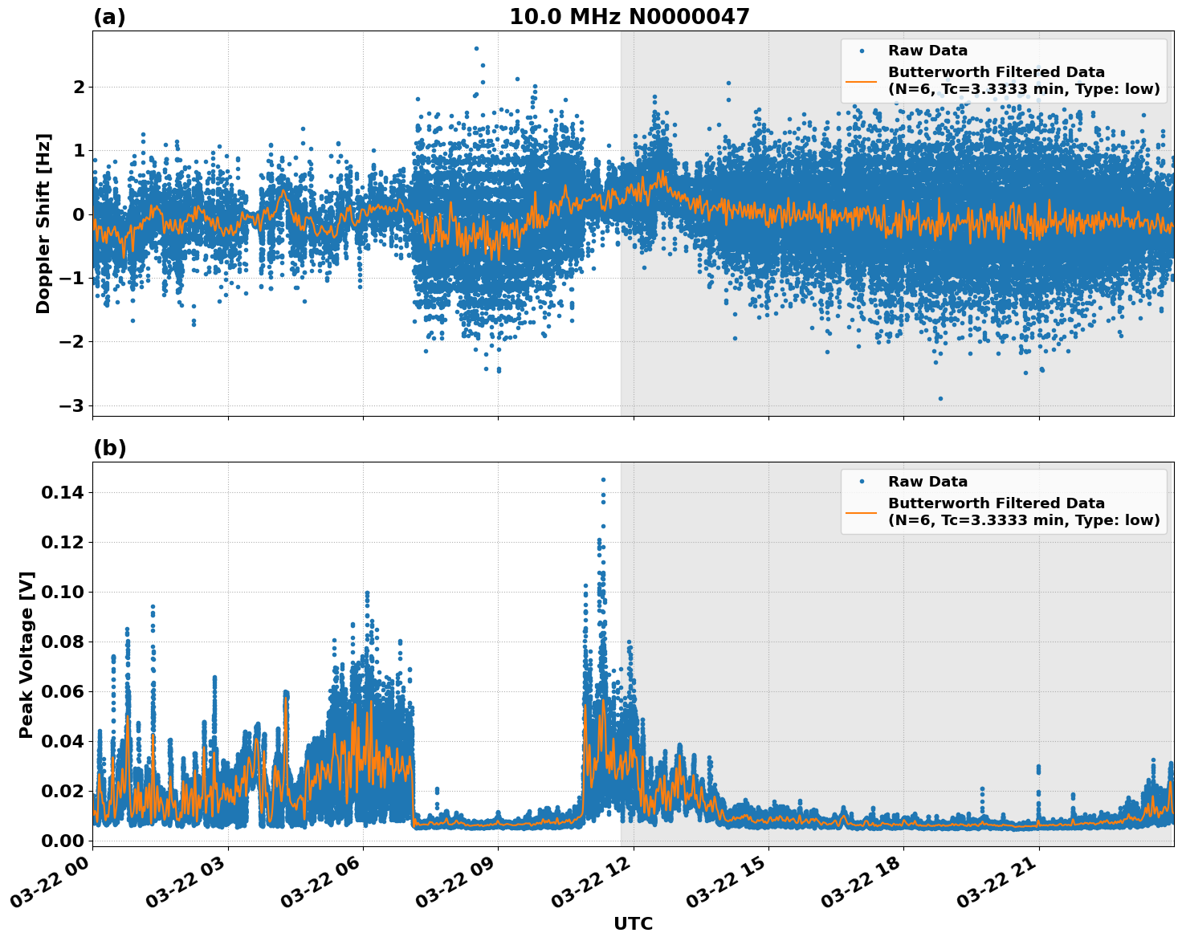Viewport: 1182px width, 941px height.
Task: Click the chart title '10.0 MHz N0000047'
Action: [x=629, y=17]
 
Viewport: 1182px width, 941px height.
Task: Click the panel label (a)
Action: [x=109, y=17]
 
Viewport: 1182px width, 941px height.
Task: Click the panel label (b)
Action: [x=109, y=448]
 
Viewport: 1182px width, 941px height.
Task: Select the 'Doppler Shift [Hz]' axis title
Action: [x=43, y=223]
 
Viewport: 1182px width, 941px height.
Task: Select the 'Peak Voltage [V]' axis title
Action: [x=26, y=654]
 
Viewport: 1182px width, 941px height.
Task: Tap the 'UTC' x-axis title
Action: [x=633, y=923]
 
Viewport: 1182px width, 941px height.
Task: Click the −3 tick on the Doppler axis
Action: [x=71, y=405]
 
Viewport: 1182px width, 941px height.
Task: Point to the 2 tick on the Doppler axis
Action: [x=78, y=87]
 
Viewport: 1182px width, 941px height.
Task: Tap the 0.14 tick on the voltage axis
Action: [x=62, y=492]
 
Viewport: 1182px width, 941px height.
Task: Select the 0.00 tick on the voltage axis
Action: [x=62, y=841]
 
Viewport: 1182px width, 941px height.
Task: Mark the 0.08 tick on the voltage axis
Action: [x=62, y=642]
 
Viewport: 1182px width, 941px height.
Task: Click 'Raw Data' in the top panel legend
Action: [x=927, y=51]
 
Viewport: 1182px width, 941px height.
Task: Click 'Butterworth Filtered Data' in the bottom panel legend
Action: [x=996, y=503]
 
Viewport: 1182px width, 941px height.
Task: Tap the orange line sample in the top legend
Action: [x=861, y=80]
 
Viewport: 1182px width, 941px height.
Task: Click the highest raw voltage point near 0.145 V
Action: [x=603, y=479]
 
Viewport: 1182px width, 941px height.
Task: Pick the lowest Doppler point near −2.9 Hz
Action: [x=940, y=398]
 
